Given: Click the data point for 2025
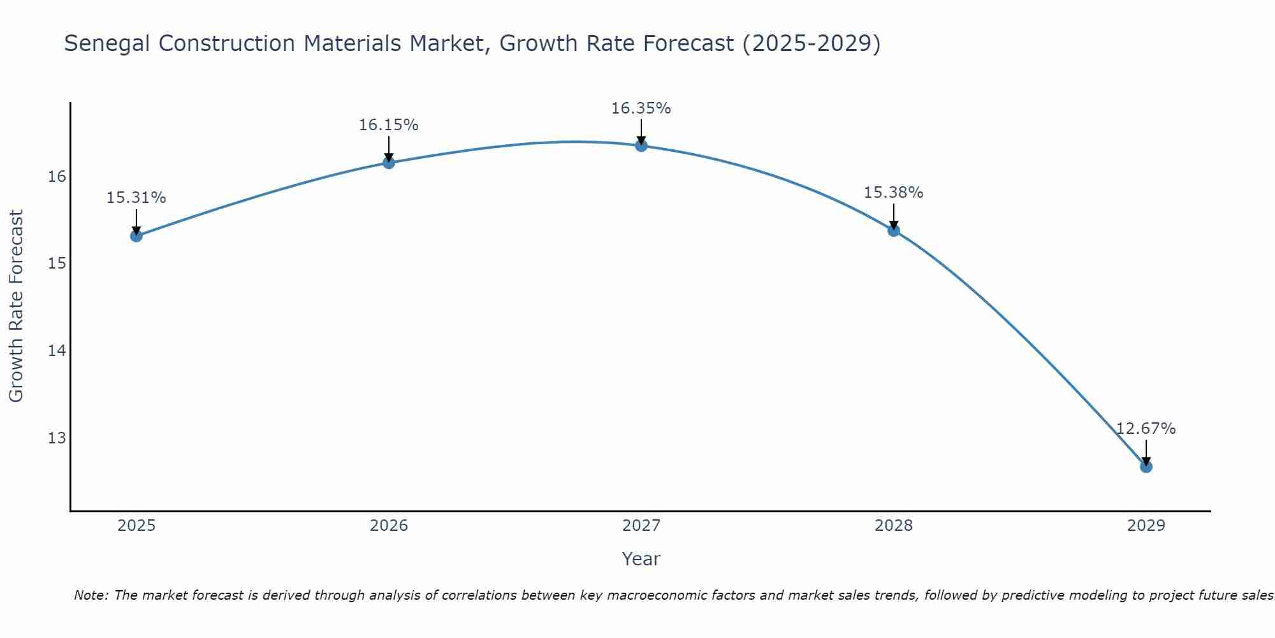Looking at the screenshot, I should [x=136, y=236].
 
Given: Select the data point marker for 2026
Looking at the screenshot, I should [x=388, y=163].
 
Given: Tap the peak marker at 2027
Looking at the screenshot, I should [x=641, y=145].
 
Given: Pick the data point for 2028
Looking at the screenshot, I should [x=893, y=230].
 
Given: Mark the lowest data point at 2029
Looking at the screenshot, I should [x=1146, y=466].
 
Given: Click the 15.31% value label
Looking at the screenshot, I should [x=136, y=198].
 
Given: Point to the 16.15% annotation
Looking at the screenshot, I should [x=388, y=125].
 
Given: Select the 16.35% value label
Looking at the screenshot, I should [x=641, y=108].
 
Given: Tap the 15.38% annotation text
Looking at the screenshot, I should [x=893, y=193].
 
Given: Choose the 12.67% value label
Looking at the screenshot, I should [x=1146, y=429].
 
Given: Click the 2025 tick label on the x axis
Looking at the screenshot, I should [x=136, y=526].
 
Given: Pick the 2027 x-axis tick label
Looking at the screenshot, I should [x=641, y=526].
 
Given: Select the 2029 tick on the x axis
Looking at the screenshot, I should [x=1146, y=526].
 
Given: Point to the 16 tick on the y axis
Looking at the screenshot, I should [x=57, y=176].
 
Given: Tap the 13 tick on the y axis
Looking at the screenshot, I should [x=57, y=438].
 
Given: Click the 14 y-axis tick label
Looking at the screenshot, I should [x=57, y=350].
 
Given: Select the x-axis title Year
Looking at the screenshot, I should [x=641, y=559].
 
